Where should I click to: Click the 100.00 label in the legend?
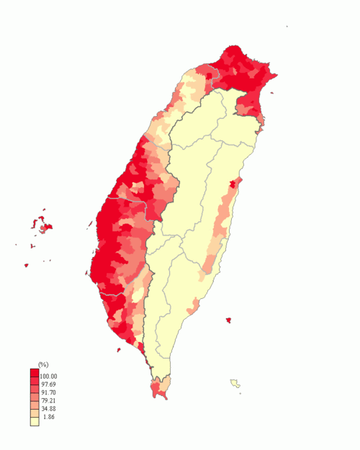coord(49,377)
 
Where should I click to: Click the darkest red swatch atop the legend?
coord(35,374)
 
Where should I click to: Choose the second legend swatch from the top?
coord(35,383)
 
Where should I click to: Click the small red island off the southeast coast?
coord(228,320)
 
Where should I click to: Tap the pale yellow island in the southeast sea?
coord(235,383)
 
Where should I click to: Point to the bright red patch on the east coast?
coord(232,185)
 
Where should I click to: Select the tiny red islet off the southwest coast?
coord(118,350)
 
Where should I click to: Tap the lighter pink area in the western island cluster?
coord(47,228)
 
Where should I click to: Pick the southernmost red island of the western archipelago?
coord(27,265)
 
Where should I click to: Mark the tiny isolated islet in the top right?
coord(287,27)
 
